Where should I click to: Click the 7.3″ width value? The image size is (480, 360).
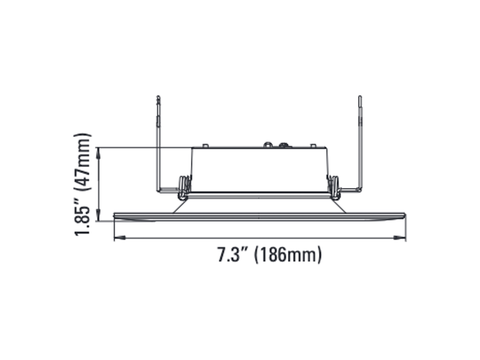[x=232, y=255]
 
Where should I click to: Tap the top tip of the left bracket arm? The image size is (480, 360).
[x=158, y=97]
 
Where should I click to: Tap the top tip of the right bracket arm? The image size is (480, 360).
[x=360, y=97]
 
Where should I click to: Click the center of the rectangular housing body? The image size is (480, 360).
[x=259, y=170]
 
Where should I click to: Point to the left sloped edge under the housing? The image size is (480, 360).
[x=178, y=206]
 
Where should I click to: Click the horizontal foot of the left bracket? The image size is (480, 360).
[x=168, y=189]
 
